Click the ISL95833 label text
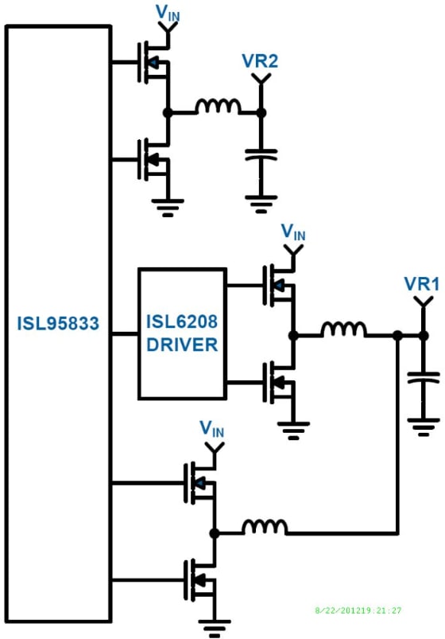pos(57,324)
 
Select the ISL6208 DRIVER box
pos(181,333)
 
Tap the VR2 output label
pos(259,61)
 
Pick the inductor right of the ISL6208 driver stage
pos(343,329)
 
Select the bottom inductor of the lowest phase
pos(265,527)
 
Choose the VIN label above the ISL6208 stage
pos(293,232)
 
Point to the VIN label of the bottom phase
pos(212,430)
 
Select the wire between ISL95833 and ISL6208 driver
pos(125,333)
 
